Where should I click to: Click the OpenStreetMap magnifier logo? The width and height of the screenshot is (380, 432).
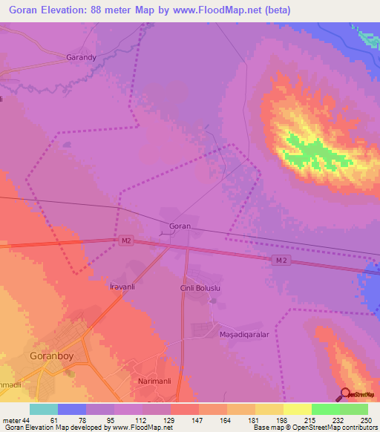click(x=346, y=393)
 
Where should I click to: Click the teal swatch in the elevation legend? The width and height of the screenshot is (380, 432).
click(x=44, y=409)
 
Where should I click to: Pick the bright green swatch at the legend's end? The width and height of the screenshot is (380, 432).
click(x=353, y=409)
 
